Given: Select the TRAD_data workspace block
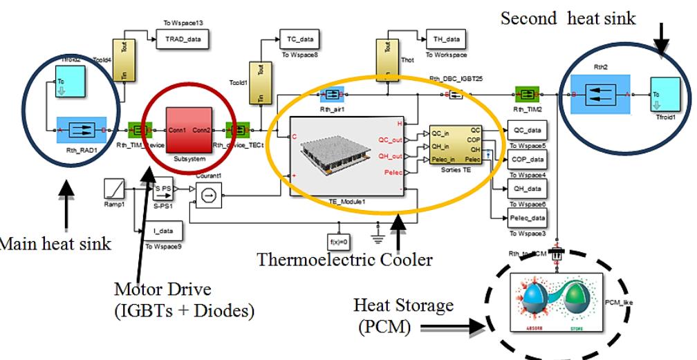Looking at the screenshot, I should [183, 39].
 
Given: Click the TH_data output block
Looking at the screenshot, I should [446, 39].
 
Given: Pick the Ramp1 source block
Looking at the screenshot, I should [113, 188].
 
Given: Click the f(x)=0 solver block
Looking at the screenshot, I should [339, 241].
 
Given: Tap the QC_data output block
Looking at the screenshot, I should [526, 130].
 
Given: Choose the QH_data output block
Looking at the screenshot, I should [526, 189].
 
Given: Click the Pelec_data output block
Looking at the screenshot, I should [527, 218].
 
